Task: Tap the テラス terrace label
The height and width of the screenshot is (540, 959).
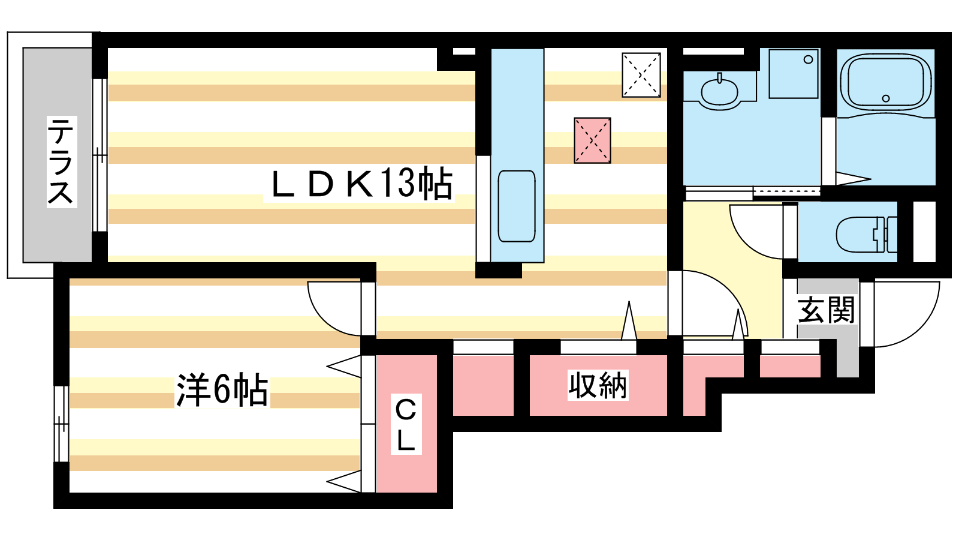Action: point(61,161)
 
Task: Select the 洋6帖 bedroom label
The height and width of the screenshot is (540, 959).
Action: point(222,389)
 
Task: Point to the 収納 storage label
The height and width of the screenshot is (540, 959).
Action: point(598,385)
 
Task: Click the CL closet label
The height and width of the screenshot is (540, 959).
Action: point(406,424)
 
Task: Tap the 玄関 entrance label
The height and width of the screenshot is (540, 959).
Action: point(826,310)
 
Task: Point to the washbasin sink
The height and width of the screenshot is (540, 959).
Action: point(720,91)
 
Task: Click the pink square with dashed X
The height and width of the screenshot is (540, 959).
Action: point(593,140)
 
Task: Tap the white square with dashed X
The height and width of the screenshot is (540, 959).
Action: point(641,75)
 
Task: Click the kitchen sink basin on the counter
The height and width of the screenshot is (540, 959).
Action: point(517,206)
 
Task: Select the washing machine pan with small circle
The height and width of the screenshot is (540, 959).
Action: point(794,74)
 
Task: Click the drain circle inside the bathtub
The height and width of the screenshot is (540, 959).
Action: point(886,98)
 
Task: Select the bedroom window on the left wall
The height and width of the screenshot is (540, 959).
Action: point(61,424)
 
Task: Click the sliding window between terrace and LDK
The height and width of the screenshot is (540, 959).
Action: point(99,155)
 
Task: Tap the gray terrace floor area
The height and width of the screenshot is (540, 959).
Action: point(58,155)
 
